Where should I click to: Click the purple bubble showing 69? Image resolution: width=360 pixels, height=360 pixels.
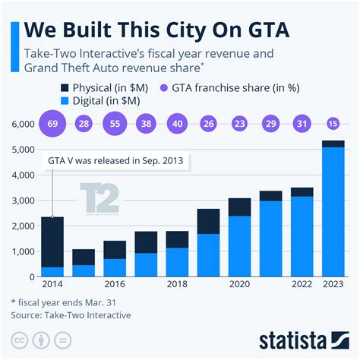pos(52,123)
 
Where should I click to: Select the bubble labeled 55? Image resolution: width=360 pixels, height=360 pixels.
pos(115,123)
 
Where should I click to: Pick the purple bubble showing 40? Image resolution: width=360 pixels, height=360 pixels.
pos(177,123)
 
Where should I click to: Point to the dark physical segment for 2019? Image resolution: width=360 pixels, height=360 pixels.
pos(208,221)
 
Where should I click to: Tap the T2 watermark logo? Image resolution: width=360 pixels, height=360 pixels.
pos(100,201)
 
